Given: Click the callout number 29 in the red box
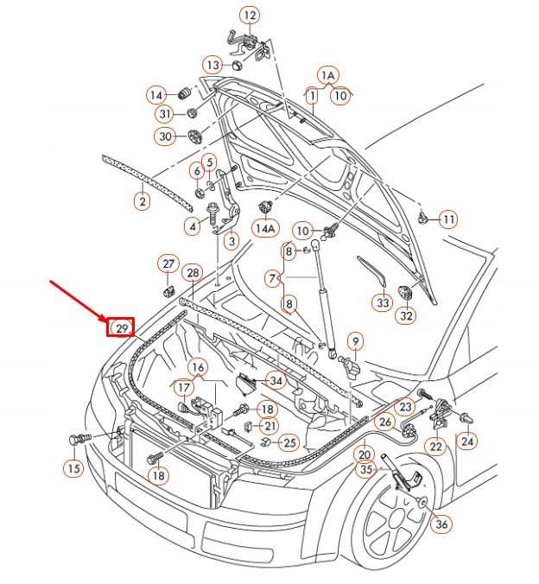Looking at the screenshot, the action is point(122,328).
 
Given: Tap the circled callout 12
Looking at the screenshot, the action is point(250,16).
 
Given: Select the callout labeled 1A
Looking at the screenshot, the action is point(328,76).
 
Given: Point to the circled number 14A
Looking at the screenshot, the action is point(265,228).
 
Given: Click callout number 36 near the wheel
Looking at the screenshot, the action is point(441,524).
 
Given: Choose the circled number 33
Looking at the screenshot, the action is point(383,302).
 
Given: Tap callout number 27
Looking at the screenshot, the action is point(168,263).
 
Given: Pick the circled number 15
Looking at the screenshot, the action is point(73,467).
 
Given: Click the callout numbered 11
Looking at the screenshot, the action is point(448,219).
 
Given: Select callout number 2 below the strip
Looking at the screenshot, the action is point(143,201).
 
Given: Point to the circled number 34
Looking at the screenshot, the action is point(276,381).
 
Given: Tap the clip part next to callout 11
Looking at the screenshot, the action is point(422,218).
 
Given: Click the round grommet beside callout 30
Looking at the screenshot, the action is point(194,136).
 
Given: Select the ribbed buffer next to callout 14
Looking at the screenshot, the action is point(184,93).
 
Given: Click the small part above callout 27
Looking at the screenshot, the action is point(168,291).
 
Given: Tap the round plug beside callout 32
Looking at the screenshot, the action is point(404,292).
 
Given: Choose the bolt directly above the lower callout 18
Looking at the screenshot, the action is point(155,457).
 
